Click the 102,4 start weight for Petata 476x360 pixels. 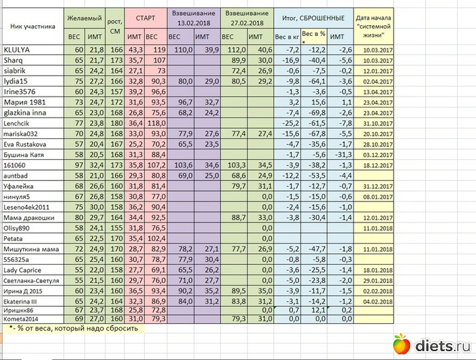point(157,238)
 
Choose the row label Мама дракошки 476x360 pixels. point(29,217)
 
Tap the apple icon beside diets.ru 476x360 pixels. point(403,345)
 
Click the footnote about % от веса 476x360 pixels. point(75,328)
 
